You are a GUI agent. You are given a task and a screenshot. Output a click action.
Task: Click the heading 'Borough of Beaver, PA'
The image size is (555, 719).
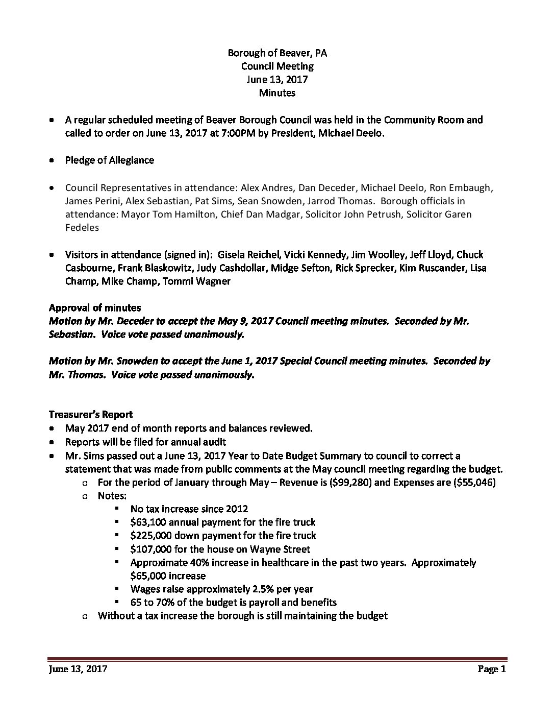(x=277, y=53)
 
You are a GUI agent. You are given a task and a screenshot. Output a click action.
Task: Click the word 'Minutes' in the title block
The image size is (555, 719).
(x=277, y=92)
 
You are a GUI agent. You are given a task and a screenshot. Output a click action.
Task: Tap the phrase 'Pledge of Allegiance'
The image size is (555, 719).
(x=110, y=160)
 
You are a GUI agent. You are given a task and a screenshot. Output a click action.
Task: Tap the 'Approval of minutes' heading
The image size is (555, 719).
(x=95, y=308)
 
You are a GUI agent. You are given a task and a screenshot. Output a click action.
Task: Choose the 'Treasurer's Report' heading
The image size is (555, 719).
(x=91, y=414)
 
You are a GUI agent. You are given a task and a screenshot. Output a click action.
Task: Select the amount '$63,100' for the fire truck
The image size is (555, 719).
(x=148, y=522)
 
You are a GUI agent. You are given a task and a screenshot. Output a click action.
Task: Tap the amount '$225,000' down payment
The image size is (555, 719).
(x=150, y=535)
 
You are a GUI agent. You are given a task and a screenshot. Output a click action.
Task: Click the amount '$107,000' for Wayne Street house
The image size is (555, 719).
(x=150, y=549)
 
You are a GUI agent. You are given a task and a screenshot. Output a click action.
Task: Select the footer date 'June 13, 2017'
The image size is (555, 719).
(x=78, y=669)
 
